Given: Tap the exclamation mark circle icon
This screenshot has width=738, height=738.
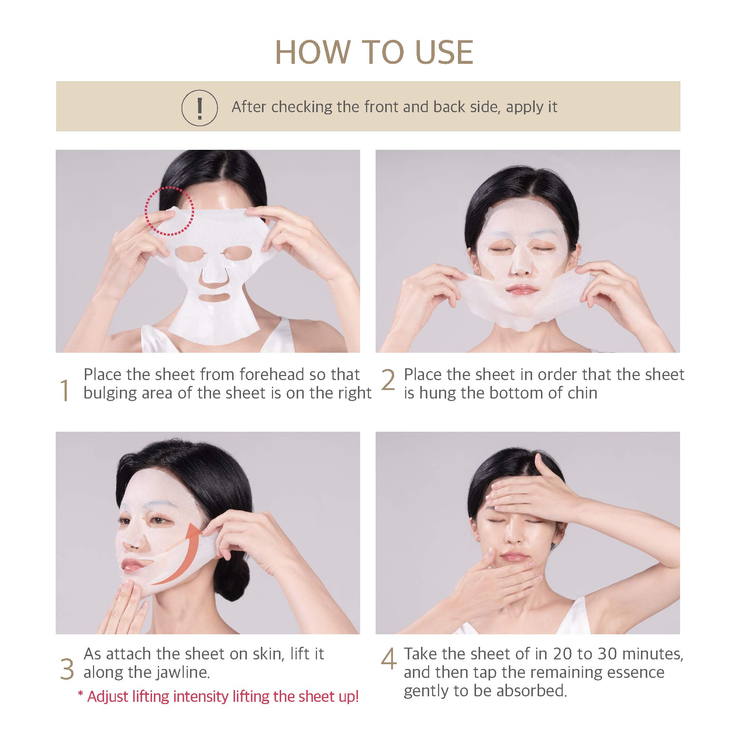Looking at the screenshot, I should [199, 108].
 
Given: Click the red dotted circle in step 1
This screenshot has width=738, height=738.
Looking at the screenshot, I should [169, 211].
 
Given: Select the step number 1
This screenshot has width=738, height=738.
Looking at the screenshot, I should [65, 390].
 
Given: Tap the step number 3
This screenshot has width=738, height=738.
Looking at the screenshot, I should [67, 669].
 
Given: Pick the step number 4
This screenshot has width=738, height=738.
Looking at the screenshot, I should [389, 660].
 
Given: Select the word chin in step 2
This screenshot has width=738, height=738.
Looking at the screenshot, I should [582, 393].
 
